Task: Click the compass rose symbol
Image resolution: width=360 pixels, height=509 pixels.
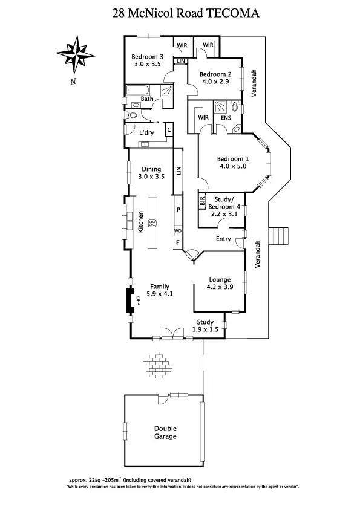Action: click(x=72, y=53)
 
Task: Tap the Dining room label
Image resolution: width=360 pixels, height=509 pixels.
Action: click(x=151, y=169)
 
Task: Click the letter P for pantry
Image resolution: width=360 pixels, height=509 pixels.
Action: click(x=178, y=210)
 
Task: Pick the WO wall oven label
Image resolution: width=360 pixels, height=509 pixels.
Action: click(x=178, y=231)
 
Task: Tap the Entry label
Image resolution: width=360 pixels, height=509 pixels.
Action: click(x=223, y=239)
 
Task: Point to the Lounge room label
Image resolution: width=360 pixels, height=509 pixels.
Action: click(x=219, y=280)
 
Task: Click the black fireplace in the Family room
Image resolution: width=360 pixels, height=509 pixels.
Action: click(x=129, y=300)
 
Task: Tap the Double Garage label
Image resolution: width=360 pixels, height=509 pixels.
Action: click(x=165, y=432)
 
